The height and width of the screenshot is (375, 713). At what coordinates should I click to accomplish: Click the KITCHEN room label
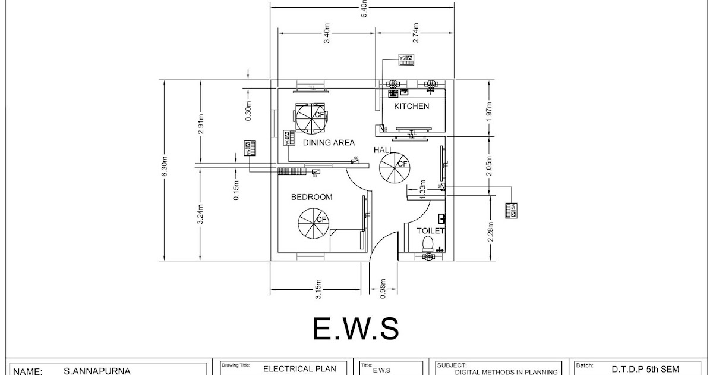coord(412,107)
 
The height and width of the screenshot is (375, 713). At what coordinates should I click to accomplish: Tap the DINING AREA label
coord(329,143)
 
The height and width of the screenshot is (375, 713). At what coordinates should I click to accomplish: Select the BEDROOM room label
coord(311,197)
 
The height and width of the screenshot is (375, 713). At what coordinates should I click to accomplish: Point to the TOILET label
coord(431,231)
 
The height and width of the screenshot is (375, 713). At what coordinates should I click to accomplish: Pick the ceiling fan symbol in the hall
coord(394,167)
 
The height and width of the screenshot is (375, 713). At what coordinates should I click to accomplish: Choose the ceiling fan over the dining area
coord(311,117)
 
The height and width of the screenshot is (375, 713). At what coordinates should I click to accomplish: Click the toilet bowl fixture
coord(427,243)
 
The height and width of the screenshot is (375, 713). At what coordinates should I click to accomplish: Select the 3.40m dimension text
coord(327,32)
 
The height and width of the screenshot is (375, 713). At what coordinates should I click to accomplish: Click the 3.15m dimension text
coord(318,289)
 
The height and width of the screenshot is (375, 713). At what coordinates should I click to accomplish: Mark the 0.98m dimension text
coord(383,289)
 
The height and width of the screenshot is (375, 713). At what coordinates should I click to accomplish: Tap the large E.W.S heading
coord(356,328)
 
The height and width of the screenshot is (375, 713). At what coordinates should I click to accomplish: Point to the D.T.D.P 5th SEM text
coord(645,369)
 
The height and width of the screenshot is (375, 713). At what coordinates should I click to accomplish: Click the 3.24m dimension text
coord(201,215)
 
